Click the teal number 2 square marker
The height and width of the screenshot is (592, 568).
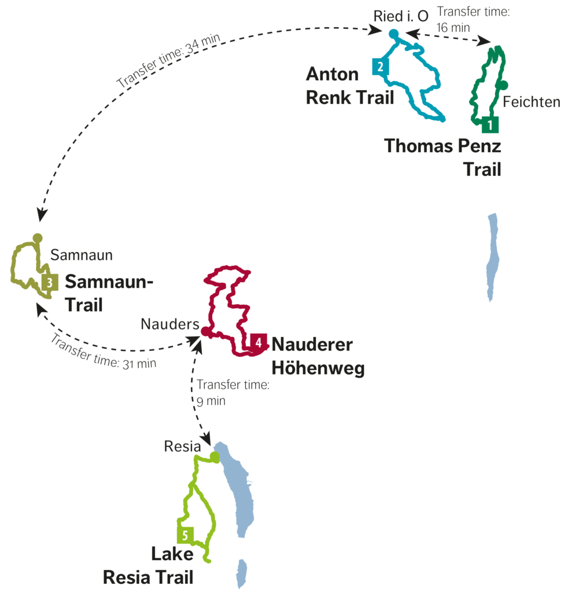coord(380,67)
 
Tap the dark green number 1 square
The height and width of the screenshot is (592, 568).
coord(490,125)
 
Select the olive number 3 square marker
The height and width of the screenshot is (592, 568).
coord(50,282)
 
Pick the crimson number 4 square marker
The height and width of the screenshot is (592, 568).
coord(259,342)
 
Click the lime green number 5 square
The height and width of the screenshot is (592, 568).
coord(186,535)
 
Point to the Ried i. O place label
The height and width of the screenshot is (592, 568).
coord(401,16)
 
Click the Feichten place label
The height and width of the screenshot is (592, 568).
coord(532,102)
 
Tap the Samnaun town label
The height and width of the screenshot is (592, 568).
coord(82,255)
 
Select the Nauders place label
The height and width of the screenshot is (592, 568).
coord(170,324)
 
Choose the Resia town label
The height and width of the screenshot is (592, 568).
coord(182,446)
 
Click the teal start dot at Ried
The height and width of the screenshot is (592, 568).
coord(394,34)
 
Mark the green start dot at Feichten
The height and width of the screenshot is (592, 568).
coord(503,86)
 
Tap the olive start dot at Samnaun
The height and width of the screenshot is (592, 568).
coord(38,238)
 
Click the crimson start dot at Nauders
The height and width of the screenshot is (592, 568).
coord(205,331)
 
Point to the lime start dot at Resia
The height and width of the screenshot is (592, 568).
coord(215,457)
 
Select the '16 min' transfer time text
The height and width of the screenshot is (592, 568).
coord(453,28)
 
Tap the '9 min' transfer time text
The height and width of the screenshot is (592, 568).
coord(211,401)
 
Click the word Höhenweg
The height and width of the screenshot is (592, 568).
coord(318,368)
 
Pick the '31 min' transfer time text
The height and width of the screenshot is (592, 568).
coord(139,364)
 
